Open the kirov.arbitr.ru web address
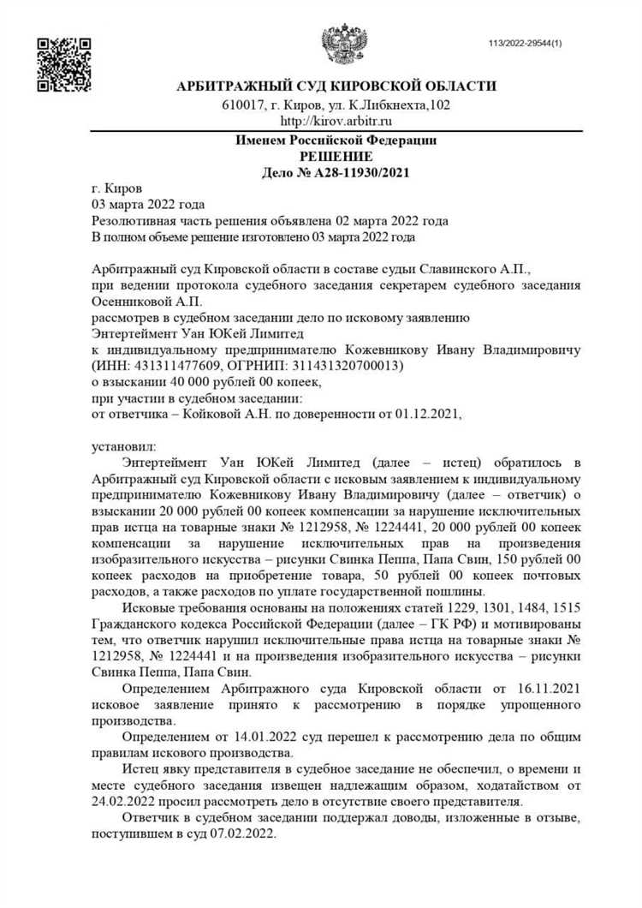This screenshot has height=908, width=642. pos(336,122)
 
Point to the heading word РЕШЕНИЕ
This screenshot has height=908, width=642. pos(336,156)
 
